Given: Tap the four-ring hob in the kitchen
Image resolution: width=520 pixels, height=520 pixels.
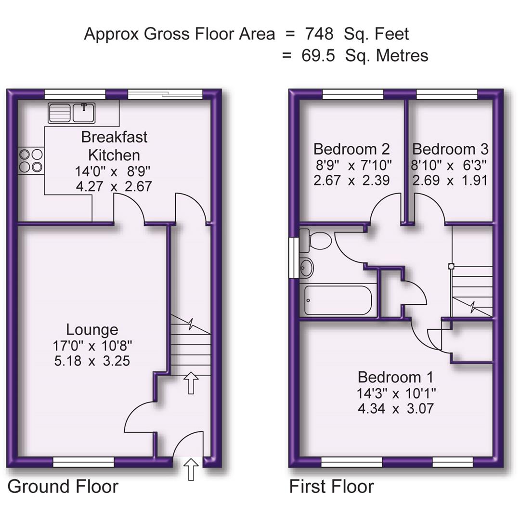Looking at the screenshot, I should click(31, 160).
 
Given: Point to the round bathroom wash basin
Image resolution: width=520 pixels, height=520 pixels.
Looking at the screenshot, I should click(306, 267).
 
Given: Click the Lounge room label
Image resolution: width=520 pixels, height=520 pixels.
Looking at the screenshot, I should click(92, 330).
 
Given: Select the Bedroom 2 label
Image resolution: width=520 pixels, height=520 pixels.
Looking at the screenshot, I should click(351, 149).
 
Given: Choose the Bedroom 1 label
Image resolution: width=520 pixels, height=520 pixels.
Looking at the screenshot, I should click(395, 377).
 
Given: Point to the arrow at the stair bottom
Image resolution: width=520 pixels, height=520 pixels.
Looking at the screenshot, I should click(191, 383).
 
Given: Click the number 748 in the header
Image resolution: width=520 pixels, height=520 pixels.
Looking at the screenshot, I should click(319, 34).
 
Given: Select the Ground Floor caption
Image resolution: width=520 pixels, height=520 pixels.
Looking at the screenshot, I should click(63, 486).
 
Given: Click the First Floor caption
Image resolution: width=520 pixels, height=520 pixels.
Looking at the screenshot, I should click(331, 486).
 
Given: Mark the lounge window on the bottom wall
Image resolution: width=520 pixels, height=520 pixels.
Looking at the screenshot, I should click(83, 463).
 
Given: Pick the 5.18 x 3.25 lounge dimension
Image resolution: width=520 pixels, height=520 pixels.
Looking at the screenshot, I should click(92, 361).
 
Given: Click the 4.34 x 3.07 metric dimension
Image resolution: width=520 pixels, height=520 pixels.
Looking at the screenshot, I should click(395, 409).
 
